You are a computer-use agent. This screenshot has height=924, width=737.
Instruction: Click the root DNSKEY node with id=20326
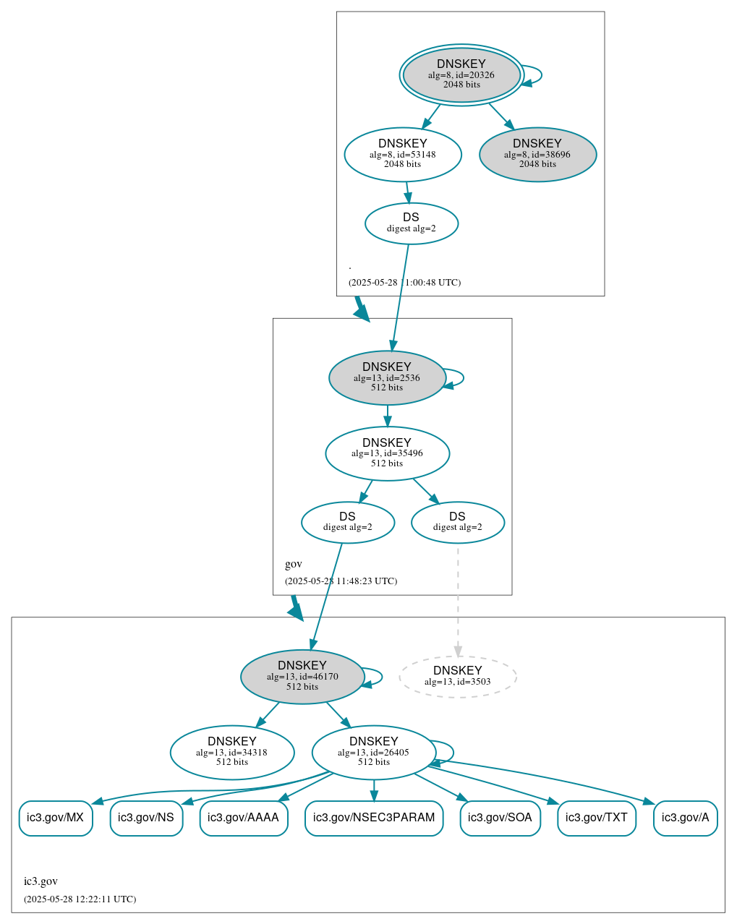click(461, 74)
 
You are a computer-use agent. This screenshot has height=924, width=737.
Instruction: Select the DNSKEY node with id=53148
click(402, 154)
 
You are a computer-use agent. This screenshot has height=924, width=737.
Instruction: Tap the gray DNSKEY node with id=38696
click(537, 154)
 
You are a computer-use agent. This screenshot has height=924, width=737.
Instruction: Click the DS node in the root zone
click(411, 223)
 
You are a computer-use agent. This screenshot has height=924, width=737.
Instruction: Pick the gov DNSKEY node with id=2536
click(386, 377)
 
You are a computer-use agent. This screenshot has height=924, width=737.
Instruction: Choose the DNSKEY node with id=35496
click(387, 453)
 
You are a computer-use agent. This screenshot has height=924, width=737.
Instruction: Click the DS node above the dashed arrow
click(457, 522)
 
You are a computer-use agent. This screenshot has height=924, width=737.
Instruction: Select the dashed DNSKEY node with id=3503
click(457, 677)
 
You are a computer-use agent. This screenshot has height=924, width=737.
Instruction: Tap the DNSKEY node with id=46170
click(302, 677)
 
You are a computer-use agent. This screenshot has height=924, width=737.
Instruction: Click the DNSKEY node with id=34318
click(231, 753)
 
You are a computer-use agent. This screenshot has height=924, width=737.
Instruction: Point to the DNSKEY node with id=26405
click(373, 753)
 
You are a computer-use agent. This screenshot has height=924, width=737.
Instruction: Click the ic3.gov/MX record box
click(55, 818)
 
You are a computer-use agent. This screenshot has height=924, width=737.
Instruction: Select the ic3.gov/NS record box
click(145, 818)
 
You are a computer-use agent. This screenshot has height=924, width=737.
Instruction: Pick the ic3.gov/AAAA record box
click(243, 818)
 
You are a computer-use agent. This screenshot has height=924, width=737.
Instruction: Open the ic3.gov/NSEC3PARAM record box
click(373, 818)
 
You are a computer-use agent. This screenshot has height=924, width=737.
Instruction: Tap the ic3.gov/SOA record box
click(500, 818)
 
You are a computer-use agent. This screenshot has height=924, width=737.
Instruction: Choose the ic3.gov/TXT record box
click(596, 818)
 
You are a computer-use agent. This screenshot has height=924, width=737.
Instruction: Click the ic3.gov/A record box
click(685, 818)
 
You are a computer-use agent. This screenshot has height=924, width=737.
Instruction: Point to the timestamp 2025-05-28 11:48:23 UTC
click(341, 581)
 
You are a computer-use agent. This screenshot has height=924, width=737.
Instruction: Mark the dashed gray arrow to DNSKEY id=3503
click(457, 600)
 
